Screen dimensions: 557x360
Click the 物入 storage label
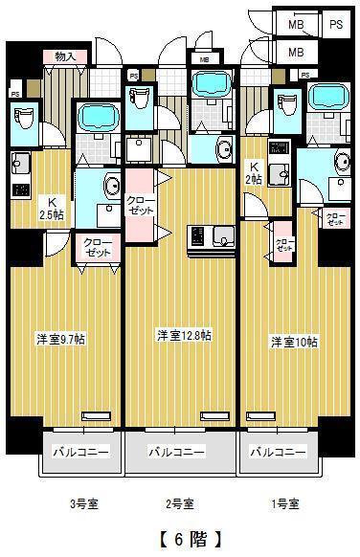click(66, 56)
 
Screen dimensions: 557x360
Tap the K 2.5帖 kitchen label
click(54, 208)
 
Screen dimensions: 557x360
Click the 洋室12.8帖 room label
click(184, 335)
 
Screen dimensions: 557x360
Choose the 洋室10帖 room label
click(291, 342)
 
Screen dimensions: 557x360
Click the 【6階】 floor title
click(181, 538)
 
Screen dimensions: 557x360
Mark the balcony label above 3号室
click(79, 451)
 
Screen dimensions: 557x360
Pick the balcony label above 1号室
click(278, 451)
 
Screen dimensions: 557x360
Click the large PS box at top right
click(336, 22)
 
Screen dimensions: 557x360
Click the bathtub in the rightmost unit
click(328, 97)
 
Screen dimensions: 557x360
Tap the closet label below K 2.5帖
click(97, 247)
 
